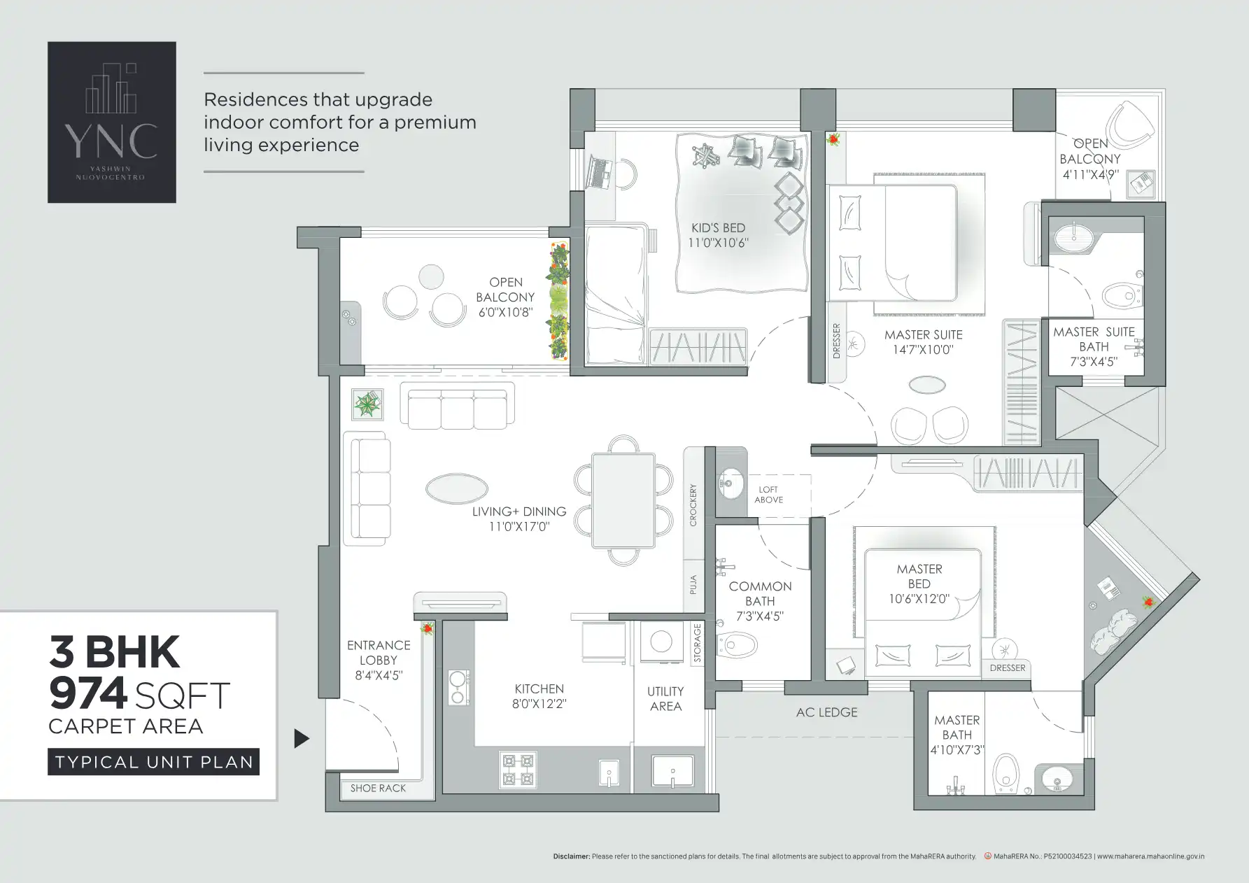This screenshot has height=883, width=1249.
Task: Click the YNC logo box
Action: click(112, 122)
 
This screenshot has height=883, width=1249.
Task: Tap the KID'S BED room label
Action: click(718, 228)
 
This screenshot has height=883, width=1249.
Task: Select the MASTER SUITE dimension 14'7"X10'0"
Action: click(923, 350)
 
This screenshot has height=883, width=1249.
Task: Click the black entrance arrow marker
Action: click(302, 738)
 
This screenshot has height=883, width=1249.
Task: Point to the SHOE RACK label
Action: click(378, 788)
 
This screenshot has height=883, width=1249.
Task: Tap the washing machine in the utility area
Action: click(661, 642)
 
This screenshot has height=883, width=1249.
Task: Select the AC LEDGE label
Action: click(826, 712)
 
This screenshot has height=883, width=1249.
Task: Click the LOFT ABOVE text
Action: click(768, 495)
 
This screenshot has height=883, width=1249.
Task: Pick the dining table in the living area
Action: click(623, 500)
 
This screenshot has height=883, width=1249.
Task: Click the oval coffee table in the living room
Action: click(457, 488)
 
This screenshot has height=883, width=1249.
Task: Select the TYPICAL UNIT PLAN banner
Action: click(154, 762)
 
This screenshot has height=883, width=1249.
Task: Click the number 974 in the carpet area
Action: click(88, 693)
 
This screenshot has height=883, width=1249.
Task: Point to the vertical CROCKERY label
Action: click(693, 505)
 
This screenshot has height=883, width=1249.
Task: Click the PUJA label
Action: click(693, 584)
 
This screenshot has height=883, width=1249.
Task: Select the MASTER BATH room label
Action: click(957, 727)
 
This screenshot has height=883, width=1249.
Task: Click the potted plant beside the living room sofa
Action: click(367, 404)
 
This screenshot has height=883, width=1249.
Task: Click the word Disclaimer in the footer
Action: click(571, 856)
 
